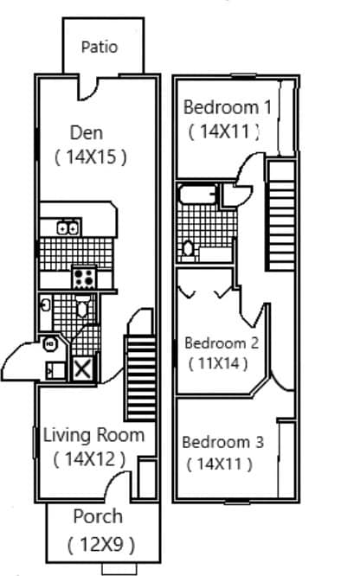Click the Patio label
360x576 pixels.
pos(100,48)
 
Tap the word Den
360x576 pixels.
pos(86,132)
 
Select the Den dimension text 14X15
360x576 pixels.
pos(91,157)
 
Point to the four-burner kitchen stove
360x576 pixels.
pos(84,278)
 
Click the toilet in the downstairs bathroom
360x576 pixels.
pos(82,306)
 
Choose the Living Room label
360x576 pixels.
pos(93,434)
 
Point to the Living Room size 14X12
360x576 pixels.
pos(90,458)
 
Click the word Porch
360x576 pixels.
pos(97,517)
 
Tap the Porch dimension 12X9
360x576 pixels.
pos(101,545)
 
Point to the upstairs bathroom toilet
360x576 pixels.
pos(188,249)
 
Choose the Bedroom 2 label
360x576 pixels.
pos(222,341)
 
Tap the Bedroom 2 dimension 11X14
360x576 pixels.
pos(219,363)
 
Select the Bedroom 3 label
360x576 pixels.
pos(222,442)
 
